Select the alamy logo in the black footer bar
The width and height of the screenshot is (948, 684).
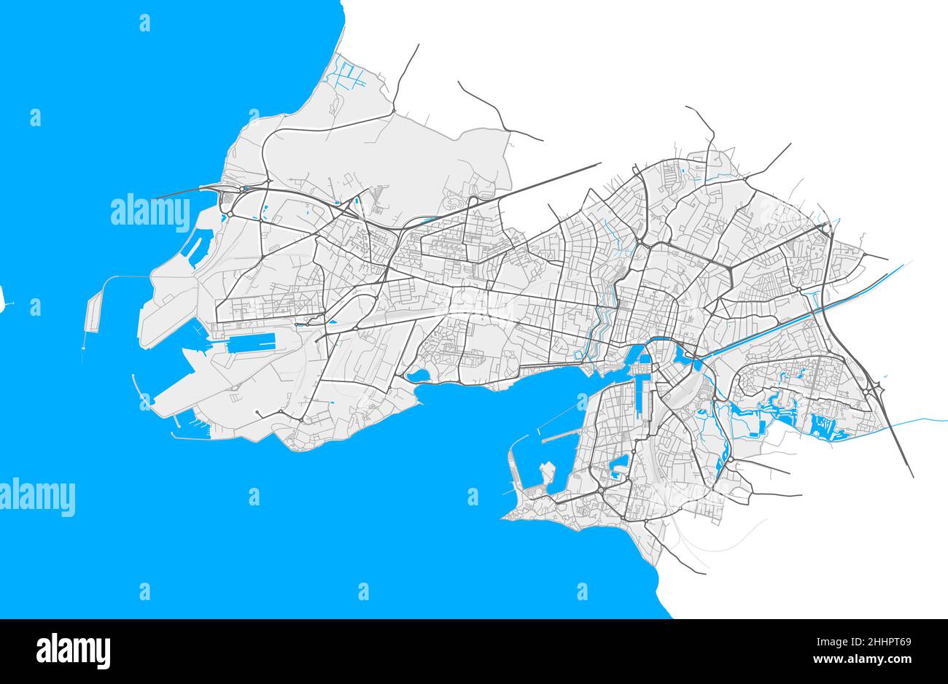tap(73, 650)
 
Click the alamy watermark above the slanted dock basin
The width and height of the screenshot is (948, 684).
tap(149, 211)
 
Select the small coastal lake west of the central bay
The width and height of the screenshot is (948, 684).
tap(419, 376)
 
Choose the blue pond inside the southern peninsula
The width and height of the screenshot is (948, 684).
tap(621, 465)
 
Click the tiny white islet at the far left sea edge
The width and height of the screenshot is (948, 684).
tap(2, 298)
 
